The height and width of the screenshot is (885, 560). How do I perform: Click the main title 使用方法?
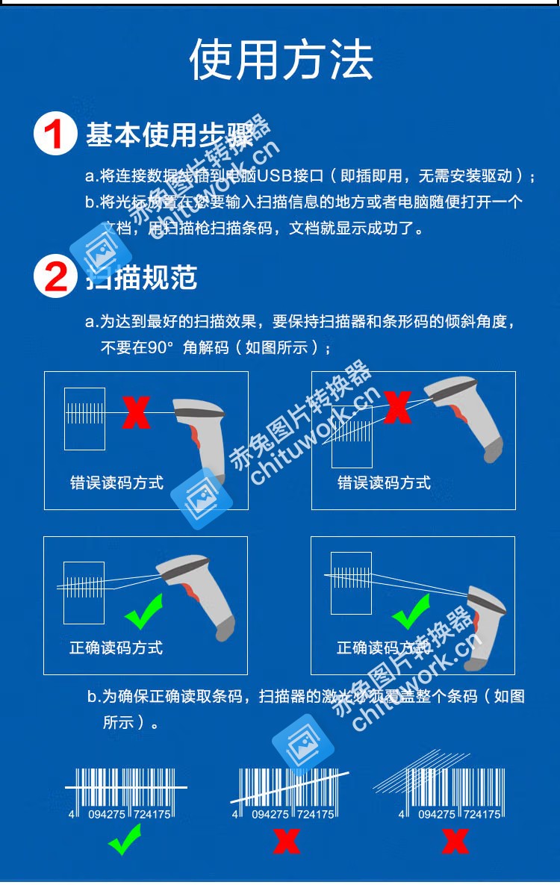click(x=281, y=60)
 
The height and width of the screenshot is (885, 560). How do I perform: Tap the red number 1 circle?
click(x=55, y=134)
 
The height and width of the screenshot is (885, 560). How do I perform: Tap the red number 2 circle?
click(x=55, y=276)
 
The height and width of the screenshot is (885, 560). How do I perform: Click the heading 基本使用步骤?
click(x=169, y=135)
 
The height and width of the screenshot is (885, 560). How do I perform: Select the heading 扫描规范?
click(x=142, y=277)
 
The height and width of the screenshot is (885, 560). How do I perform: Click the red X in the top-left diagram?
click(x=135, y=413)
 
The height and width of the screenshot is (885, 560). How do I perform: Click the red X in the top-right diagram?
click(x=397, y=408)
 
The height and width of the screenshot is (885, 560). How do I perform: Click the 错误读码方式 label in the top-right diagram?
click(x=384, y=482)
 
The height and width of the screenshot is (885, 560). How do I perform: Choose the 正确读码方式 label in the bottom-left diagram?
click(x=116, y=648)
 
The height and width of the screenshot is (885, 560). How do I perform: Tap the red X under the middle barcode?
click(x=286, y=841)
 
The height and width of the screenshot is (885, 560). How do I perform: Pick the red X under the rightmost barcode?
click(x=454, y=841)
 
